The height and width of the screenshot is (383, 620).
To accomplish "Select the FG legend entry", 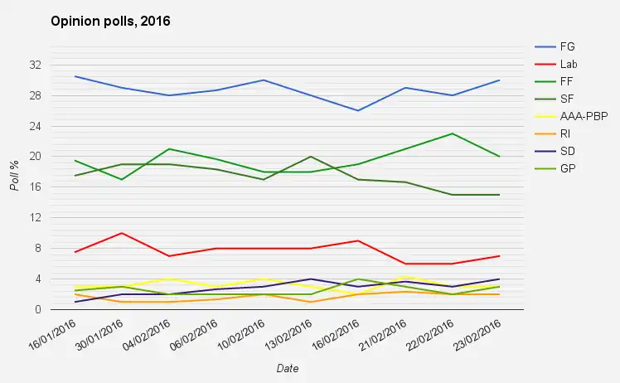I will [x=567, y=46].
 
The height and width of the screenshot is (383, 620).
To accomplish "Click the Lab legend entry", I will [x=569, y=63].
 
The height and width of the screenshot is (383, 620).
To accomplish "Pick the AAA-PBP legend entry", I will [x=584, y=116].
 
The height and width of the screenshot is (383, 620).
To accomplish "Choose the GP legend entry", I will [x=567, y=168].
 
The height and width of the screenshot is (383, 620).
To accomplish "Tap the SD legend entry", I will [x=567, y=151].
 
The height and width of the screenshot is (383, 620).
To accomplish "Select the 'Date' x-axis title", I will [x=288, y=367].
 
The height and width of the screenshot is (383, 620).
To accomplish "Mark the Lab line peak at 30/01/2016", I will [x=123, y=233].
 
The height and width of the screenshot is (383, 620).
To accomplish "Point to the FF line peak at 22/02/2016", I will [x=452, y=133].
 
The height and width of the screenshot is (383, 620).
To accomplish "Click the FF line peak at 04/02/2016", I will [x=169, y=149].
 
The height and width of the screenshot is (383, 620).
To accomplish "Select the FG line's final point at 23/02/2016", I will [x=498, y=80].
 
